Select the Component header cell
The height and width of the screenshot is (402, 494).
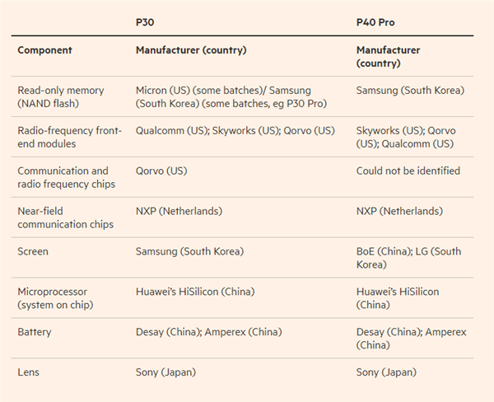tap(44, 50)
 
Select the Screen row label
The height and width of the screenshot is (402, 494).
tap(33, 251)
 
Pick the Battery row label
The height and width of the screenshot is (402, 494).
tap(35, 332)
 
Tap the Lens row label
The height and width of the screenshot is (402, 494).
tap(30, 372)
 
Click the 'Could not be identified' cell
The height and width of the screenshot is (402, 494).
tap(408, 171)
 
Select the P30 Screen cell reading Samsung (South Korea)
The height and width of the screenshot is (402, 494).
tap(189, 251)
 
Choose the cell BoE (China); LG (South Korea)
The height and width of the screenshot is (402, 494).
tap(408, 258)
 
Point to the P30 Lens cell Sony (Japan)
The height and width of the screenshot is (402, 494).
tap(165, 372)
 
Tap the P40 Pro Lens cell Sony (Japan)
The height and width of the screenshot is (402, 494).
tap(386, 372)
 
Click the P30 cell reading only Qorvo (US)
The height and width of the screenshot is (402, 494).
tap(161, 171)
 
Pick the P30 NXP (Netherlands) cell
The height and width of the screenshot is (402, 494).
tap(179, 212)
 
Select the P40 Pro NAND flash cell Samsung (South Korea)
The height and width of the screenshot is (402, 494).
tap(410, 91)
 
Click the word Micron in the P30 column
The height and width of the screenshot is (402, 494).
tap(152, 91)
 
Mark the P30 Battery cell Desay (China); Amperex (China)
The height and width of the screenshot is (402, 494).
tap(209, 332)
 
